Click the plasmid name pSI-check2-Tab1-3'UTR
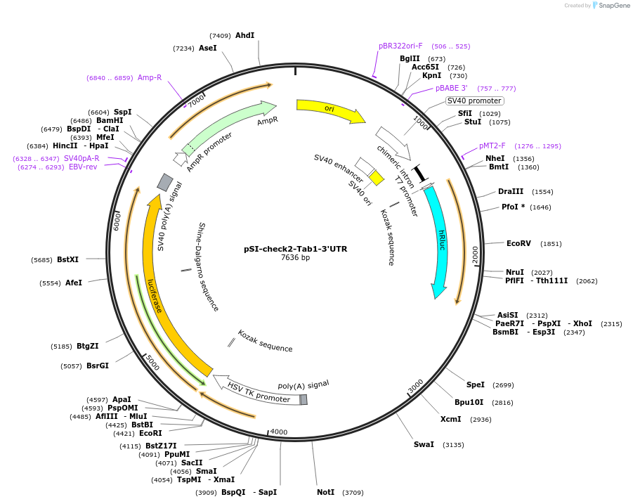pyautogui.click(x=295, y=249)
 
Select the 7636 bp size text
pyautogui.click(x=295, y=258)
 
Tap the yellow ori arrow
pyautogui.click(x=330, y=110)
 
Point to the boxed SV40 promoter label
pyautogui.click(x=474, y=101)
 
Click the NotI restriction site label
pyautogui.click(x=325, y=492)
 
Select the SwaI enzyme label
pyautogui.click(x=424, y=444)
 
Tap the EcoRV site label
pyautogui.click(x=518, y=243)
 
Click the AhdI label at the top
pyautogui.click(x=244, y=35)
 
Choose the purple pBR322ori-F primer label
pyautogui.click(x=400, y=46)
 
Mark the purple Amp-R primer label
pyautogui.click(x=150, y=77)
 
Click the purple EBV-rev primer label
pyautogui.click(x=83, y=167)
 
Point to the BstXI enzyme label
pyautogui.click(x=67, y=259)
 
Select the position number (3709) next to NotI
pyautogui.click(x=353, y=493)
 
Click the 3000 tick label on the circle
pyautogui.click(x=415, y=386)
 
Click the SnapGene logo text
pyautogui.click(x=614, y=6)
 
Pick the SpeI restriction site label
pyautogui.click(x=476, y=385)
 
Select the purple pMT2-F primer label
pyautogui.click(x=492, y=146)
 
